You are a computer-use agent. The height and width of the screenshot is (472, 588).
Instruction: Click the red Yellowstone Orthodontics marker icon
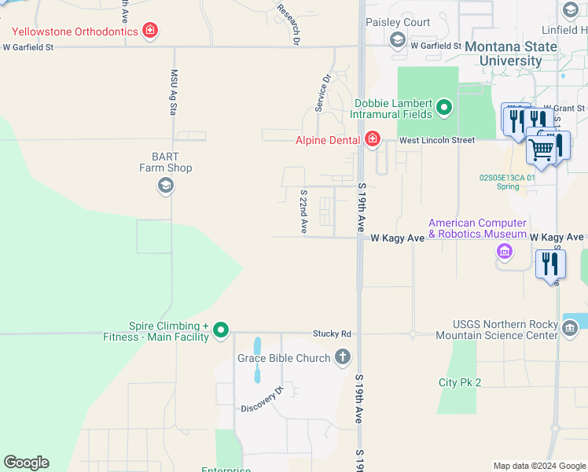click(x=149, y=31)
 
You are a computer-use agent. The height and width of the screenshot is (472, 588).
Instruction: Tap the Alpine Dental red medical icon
click(x=372, y=140)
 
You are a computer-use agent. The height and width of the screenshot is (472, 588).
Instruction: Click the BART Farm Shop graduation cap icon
click(x=165, y=186)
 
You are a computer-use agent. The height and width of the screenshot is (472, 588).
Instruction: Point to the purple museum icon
click(x=504, y=252)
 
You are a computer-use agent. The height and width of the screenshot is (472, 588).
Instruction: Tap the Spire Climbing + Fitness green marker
click(x=221, y=330)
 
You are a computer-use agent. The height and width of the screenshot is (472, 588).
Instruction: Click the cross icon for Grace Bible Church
click(x=342, y=358)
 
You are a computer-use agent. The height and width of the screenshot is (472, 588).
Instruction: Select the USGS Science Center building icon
click(x=569, y=326)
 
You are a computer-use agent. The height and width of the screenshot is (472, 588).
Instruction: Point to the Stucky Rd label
click(x=332, y=334)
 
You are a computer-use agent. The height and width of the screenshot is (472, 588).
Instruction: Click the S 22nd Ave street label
click(x=303, y=210)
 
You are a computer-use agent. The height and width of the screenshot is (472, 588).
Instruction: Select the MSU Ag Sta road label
click(x=174, y=92)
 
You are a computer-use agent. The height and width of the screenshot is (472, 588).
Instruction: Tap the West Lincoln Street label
click(x=436, y=140)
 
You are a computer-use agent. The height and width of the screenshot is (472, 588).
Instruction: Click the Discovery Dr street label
click(x=261, y=399)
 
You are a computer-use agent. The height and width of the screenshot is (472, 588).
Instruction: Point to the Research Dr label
click(x=289, y=23)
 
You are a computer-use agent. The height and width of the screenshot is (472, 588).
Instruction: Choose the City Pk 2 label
click(x=459, y=382)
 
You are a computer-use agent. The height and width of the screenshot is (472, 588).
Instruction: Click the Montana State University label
click(x=514, y=53)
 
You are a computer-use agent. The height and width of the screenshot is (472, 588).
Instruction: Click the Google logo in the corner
click(x=26, y=462)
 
